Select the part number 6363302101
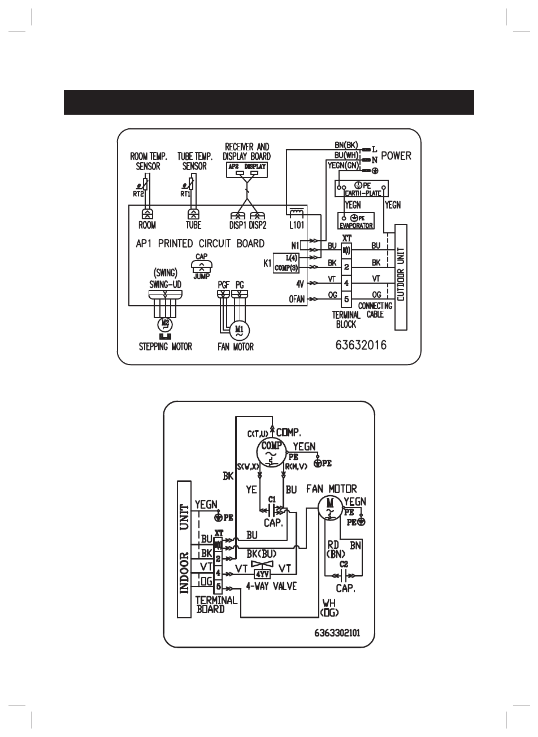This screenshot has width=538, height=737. [x=337, y=633]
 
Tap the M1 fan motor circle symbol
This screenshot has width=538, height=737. [x=238, y=329]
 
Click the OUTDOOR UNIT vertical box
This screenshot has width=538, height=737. [x=401, y=277]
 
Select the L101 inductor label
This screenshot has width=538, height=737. [x=297, y=224]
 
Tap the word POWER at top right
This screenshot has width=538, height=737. [x=396, y=155]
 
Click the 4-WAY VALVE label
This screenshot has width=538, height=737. [x=271, y=586]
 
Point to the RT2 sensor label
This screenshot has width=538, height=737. [x=139, y=194]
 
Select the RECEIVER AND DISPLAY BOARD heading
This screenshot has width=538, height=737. [x=247, y=151]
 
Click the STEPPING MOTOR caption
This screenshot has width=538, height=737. [x=166, y=346]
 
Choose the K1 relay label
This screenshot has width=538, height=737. [x=267, y=262]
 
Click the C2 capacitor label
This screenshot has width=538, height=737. [x=344, y=564]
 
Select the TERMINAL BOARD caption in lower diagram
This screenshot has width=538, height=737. [x=216, y=605]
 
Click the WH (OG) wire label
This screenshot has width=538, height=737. [x=328, y=607]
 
